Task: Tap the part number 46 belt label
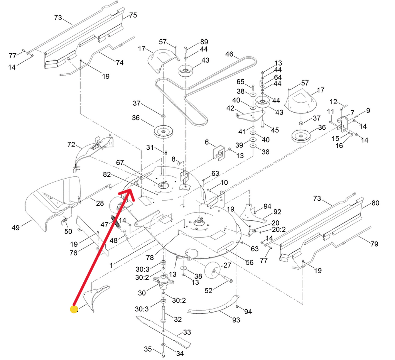230,54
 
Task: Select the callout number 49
15,228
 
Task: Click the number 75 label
133,15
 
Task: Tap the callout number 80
375,203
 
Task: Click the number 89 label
204,42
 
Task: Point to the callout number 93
236,319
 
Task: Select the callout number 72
71,145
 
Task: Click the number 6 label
207,142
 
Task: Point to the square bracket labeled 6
219,152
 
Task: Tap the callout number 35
148,349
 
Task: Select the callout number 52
208,291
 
